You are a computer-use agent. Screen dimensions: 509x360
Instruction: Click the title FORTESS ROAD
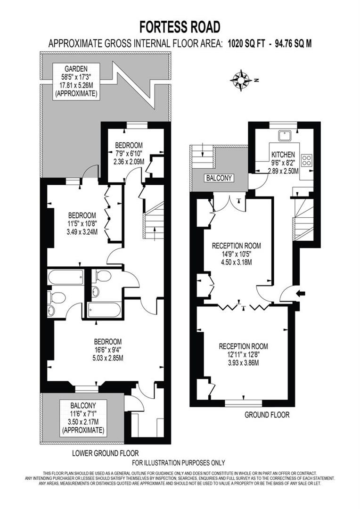click(180, 25)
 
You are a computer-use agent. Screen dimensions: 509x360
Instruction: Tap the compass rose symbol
click(242, 80)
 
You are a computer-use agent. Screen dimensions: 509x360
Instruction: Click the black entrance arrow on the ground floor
click(300, 293)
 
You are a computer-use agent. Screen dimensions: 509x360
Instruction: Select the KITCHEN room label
click(283, 154)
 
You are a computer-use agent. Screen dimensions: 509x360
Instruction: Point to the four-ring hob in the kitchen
click(307, 160)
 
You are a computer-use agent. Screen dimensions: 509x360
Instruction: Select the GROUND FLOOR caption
click(267, 415)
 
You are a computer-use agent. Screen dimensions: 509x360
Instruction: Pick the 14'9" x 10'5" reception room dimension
click(236, 254)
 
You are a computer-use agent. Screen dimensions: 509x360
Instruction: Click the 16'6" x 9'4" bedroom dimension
click(108, 350)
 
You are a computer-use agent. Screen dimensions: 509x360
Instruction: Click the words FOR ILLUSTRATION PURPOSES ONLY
click(179, 463)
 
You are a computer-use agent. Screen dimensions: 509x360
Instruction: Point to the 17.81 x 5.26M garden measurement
click(76, 86)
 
